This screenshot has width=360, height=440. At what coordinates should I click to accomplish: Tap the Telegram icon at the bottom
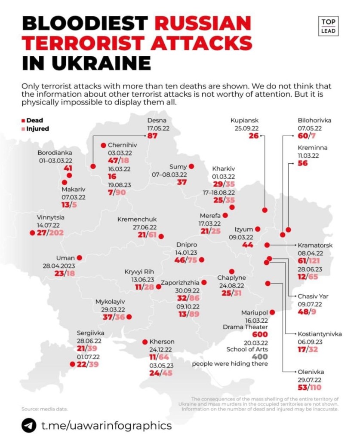[29, 425]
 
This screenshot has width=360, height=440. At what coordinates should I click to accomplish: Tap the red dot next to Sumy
[191, 166]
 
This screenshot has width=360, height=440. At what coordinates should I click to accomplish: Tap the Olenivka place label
[311, 372]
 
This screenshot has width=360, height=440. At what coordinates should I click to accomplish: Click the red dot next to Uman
[79, 258]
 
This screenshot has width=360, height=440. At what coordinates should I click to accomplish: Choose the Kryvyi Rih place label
[139, 272]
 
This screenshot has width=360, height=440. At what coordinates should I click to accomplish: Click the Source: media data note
[45, 409]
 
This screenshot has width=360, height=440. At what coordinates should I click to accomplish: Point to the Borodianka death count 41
[68, 168]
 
